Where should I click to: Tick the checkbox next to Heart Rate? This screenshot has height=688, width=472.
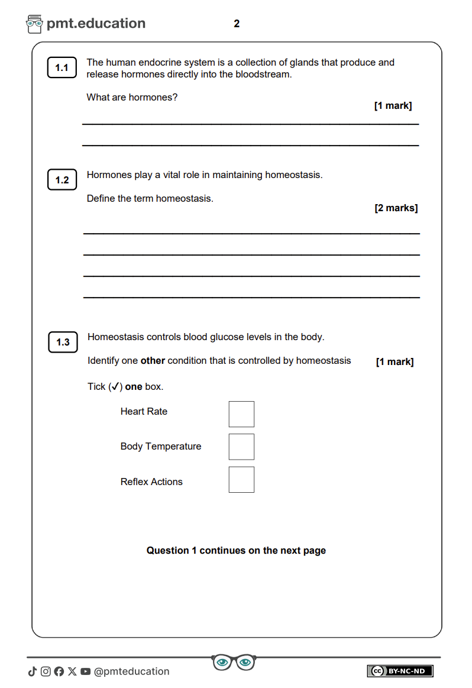[x=241, y=414]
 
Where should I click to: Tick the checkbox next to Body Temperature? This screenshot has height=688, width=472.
[x=241, y=447]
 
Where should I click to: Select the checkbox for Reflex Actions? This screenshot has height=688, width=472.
[x=241, y=480]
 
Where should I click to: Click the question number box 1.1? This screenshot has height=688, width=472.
[x=62, y=68]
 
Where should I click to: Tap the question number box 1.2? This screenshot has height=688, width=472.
[x=62, y=180]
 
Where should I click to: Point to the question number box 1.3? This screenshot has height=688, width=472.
[x=63, y=342]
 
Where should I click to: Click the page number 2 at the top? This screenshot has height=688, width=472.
[x=237, y=24]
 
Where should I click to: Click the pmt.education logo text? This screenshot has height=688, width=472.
[x=96, y=24]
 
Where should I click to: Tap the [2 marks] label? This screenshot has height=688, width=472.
[x=396, y=208]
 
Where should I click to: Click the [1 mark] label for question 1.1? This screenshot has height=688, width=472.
[x=393, y=106]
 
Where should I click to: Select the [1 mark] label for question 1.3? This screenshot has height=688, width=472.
[x=395, y=362]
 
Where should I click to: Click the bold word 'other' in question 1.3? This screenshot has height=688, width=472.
[x=153, y=361]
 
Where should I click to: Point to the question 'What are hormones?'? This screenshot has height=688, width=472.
[x=132, y=97]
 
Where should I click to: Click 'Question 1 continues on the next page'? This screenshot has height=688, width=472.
[x=236, y=551]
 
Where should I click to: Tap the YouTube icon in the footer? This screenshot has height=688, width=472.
[x=86, y=671]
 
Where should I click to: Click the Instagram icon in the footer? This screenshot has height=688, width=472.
[x=46, y=671]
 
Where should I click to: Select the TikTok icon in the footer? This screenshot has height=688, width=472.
[x=32, y=671]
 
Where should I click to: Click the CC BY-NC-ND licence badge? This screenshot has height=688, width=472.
[x=400, y=671]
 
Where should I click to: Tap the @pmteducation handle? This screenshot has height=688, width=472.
[x=132, y=671]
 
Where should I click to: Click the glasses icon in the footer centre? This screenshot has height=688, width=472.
[x=234, y=662]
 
